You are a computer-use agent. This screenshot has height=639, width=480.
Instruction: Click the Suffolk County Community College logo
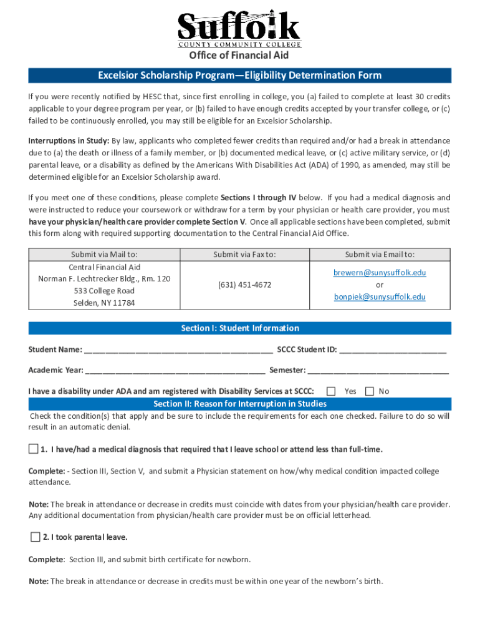(239, 29)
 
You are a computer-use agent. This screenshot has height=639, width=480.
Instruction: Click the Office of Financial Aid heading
(239, 56)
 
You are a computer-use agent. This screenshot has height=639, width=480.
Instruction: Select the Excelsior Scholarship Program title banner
(239, 76)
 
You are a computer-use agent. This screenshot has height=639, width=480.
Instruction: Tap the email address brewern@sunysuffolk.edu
(380, 273)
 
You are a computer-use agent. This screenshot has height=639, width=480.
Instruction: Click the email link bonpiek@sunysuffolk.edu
(380, 297)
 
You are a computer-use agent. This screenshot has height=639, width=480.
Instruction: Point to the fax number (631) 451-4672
(244, 285)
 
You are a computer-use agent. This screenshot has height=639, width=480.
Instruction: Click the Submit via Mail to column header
(104, 255)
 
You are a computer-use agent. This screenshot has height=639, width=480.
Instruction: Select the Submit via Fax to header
(244, 255)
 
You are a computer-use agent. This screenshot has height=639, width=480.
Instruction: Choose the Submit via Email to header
(380, 255)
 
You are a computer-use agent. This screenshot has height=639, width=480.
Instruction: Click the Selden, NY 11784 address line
(104, 303)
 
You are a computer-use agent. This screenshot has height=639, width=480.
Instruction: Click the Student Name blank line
(178, 350)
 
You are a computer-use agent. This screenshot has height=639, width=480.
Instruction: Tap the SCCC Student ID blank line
(393, 350)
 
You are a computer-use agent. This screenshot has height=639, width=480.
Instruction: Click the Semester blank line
(378, 371)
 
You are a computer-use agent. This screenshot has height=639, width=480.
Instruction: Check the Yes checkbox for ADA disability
(332, 391)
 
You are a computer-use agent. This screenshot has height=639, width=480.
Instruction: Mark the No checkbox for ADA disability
(370, 391)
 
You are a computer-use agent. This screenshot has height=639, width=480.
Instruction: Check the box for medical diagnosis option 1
(33, 449)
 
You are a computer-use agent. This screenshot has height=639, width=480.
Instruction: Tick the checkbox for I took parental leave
(35, 537)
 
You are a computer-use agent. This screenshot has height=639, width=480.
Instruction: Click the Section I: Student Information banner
(239, 328)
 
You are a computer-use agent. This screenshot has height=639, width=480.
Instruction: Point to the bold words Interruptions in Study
(69, 140)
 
